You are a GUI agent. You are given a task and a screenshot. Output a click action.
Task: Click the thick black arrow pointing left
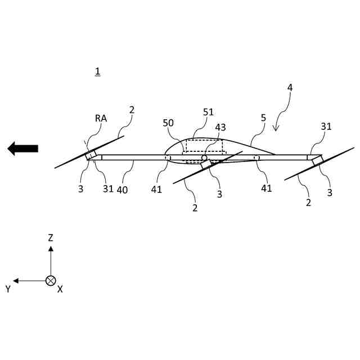[22, 148]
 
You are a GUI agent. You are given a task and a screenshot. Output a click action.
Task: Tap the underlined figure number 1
[97, 71]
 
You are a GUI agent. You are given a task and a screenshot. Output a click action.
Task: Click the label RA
[101, 119]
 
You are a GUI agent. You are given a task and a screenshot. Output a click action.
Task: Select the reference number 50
[169, 123]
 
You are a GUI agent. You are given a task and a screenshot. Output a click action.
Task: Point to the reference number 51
[208, 112]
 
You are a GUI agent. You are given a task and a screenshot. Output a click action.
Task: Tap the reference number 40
[122, 190]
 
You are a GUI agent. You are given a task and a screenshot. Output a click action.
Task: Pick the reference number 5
[263, 119]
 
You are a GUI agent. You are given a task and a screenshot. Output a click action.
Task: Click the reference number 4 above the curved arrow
[290, 88]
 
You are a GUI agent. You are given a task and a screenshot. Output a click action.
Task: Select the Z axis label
[51, 238]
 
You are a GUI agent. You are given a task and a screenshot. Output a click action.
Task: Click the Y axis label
[8, 289]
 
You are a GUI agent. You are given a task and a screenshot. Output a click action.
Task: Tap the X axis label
[60, 289]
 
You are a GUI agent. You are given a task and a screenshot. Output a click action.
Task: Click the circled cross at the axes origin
[51, 280]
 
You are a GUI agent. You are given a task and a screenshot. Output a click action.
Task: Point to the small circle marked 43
[205, 157]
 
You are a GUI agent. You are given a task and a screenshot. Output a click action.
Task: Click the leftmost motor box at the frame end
[91, 155]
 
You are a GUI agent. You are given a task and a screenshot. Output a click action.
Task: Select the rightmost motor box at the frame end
[317, 160]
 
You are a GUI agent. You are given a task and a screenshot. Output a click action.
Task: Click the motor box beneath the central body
[206, 164]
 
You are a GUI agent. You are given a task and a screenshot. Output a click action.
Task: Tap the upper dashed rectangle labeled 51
[204, 146]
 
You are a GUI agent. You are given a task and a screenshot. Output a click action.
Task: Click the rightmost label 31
[326, 127]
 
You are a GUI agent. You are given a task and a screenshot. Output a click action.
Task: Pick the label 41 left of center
[156, 190]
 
